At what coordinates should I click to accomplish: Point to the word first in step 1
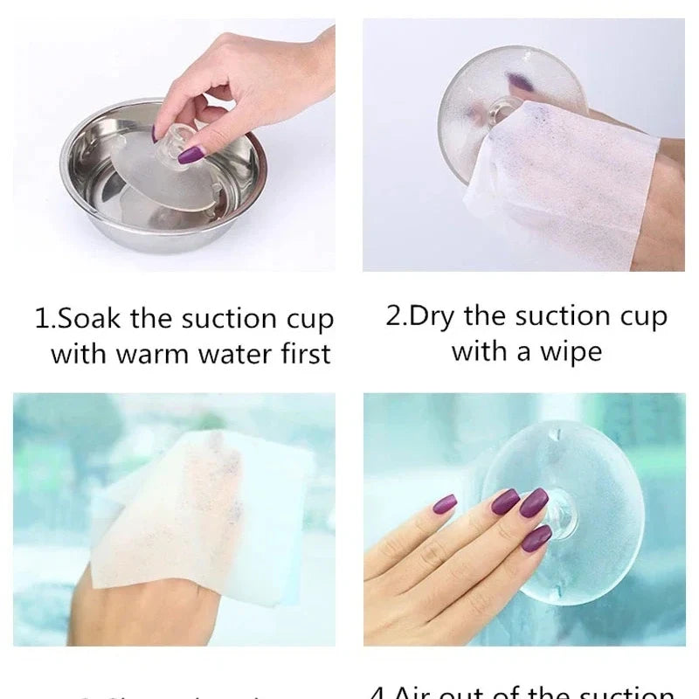[302, 355]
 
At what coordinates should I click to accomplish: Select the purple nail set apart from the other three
[445, 504]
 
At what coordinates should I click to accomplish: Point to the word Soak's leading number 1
[41, 319]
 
